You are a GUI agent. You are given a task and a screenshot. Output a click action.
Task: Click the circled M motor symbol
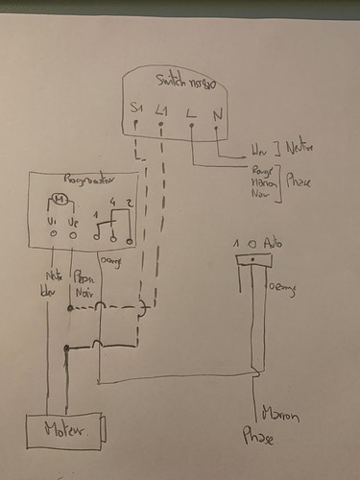coord(60,201)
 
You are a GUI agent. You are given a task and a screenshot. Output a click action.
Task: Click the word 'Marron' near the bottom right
coord(281,416)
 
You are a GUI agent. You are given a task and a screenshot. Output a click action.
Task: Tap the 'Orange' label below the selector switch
coord(281,286)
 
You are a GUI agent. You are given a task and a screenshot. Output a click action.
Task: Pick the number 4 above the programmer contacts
coord(112,201)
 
